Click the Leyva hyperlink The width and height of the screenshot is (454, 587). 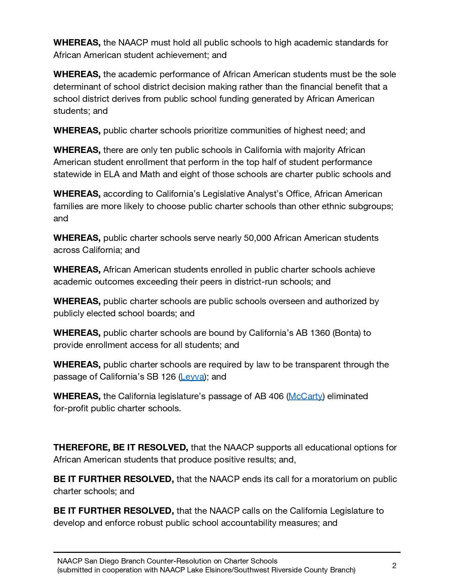192,377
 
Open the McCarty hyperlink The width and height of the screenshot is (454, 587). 306,396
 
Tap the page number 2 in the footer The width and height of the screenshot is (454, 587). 394,566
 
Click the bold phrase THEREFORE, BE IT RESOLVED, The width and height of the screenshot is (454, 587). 121,448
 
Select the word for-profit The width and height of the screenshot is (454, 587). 71,408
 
